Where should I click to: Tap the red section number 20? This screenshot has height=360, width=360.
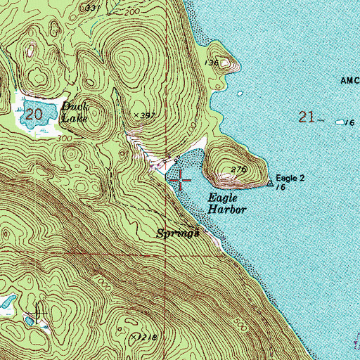tap(32, 113)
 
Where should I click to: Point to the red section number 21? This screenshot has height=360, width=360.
tap(306, 117)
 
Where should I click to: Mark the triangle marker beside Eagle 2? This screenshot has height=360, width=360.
tap(271, 184)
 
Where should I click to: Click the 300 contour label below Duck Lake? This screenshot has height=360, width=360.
tap(67, 139)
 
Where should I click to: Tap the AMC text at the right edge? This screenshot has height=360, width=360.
tap(349, 81)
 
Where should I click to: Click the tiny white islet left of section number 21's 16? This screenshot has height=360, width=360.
tap(342, 121)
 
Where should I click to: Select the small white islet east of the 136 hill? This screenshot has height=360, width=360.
tap(240, 94)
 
